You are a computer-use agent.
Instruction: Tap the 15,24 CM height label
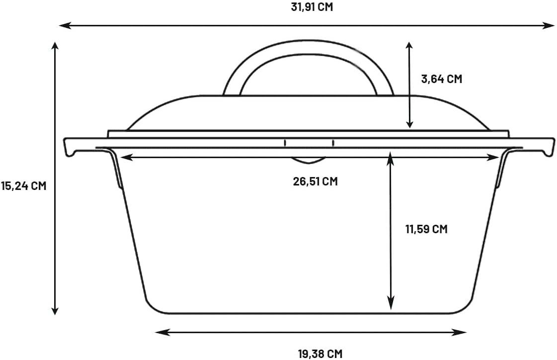tap(23, 186)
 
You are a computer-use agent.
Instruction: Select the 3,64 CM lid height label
tap(441, 79)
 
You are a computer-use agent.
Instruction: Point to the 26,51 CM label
tap(315, 181)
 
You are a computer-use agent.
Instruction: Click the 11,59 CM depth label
tap(426, 229)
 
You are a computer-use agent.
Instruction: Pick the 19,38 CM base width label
tap(320, 354)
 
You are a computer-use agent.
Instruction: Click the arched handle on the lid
tap(309, 55)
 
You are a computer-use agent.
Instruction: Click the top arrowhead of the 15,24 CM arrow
tap(55, 46)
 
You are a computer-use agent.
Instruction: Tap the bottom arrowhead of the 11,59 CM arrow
tap(391, 304)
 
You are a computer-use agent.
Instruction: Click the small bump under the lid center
tap(309, 161)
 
